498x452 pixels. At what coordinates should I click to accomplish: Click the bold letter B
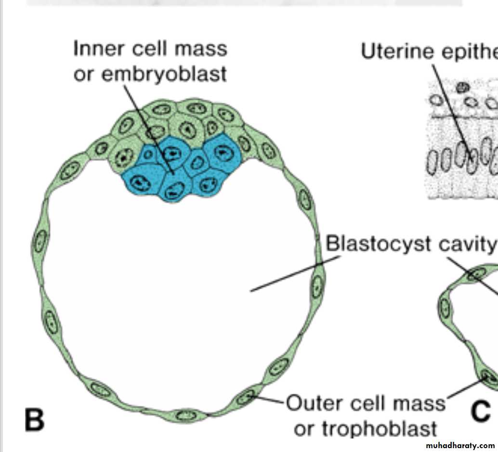(34, 419)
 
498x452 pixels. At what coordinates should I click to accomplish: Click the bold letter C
(480, 412)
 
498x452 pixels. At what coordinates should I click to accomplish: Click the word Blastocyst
(378, 244)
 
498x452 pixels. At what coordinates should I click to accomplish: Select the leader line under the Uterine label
(448, 106)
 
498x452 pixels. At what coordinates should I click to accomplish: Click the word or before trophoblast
(303, 428)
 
